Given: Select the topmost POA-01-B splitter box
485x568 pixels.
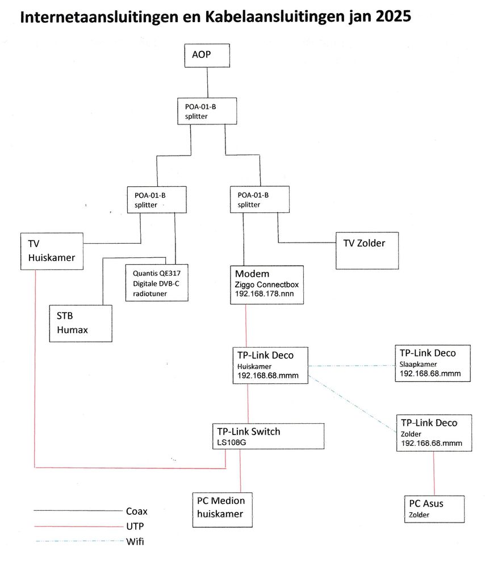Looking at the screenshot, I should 206,110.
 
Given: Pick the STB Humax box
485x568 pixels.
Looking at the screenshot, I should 81,323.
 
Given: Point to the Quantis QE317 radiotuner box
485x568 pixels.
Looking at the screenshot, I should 156,282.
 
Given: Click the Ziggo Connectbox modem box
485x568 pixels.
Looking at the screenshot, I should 267,285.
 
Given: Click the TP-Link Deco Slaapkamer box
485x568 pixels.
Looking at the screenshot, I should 433,362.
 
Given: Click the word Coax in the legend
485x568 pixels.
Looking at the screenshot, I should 136,511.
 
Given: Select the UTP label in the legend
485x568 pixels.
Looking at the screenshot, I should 134,526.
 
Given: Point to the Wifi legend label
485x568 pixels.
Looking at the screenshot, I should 135,541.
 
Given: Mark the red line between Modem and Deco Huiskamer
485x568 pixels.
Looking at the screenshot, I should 245,325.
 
